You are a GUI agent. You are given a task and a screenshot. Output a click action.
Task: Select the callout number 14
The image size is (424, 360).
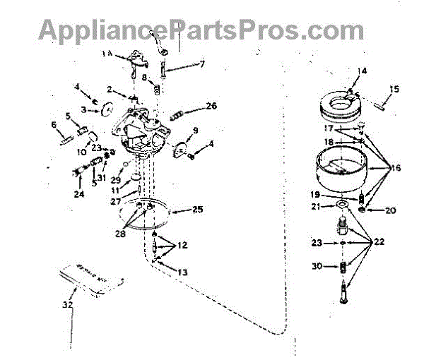(363, 71)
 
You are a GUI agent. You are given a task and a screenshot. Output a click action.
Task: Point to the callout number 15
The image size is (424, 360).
(394, 89)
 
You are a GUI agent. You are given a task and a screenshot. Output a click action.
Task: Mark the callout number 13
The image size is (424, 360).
(182, 272)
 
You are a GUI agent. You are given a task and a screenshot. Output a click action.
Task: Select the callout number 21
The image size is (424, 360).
(316, 206)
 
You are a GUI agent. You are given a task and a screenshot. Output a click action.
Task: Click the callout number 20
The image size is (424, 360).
(390, 210)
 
